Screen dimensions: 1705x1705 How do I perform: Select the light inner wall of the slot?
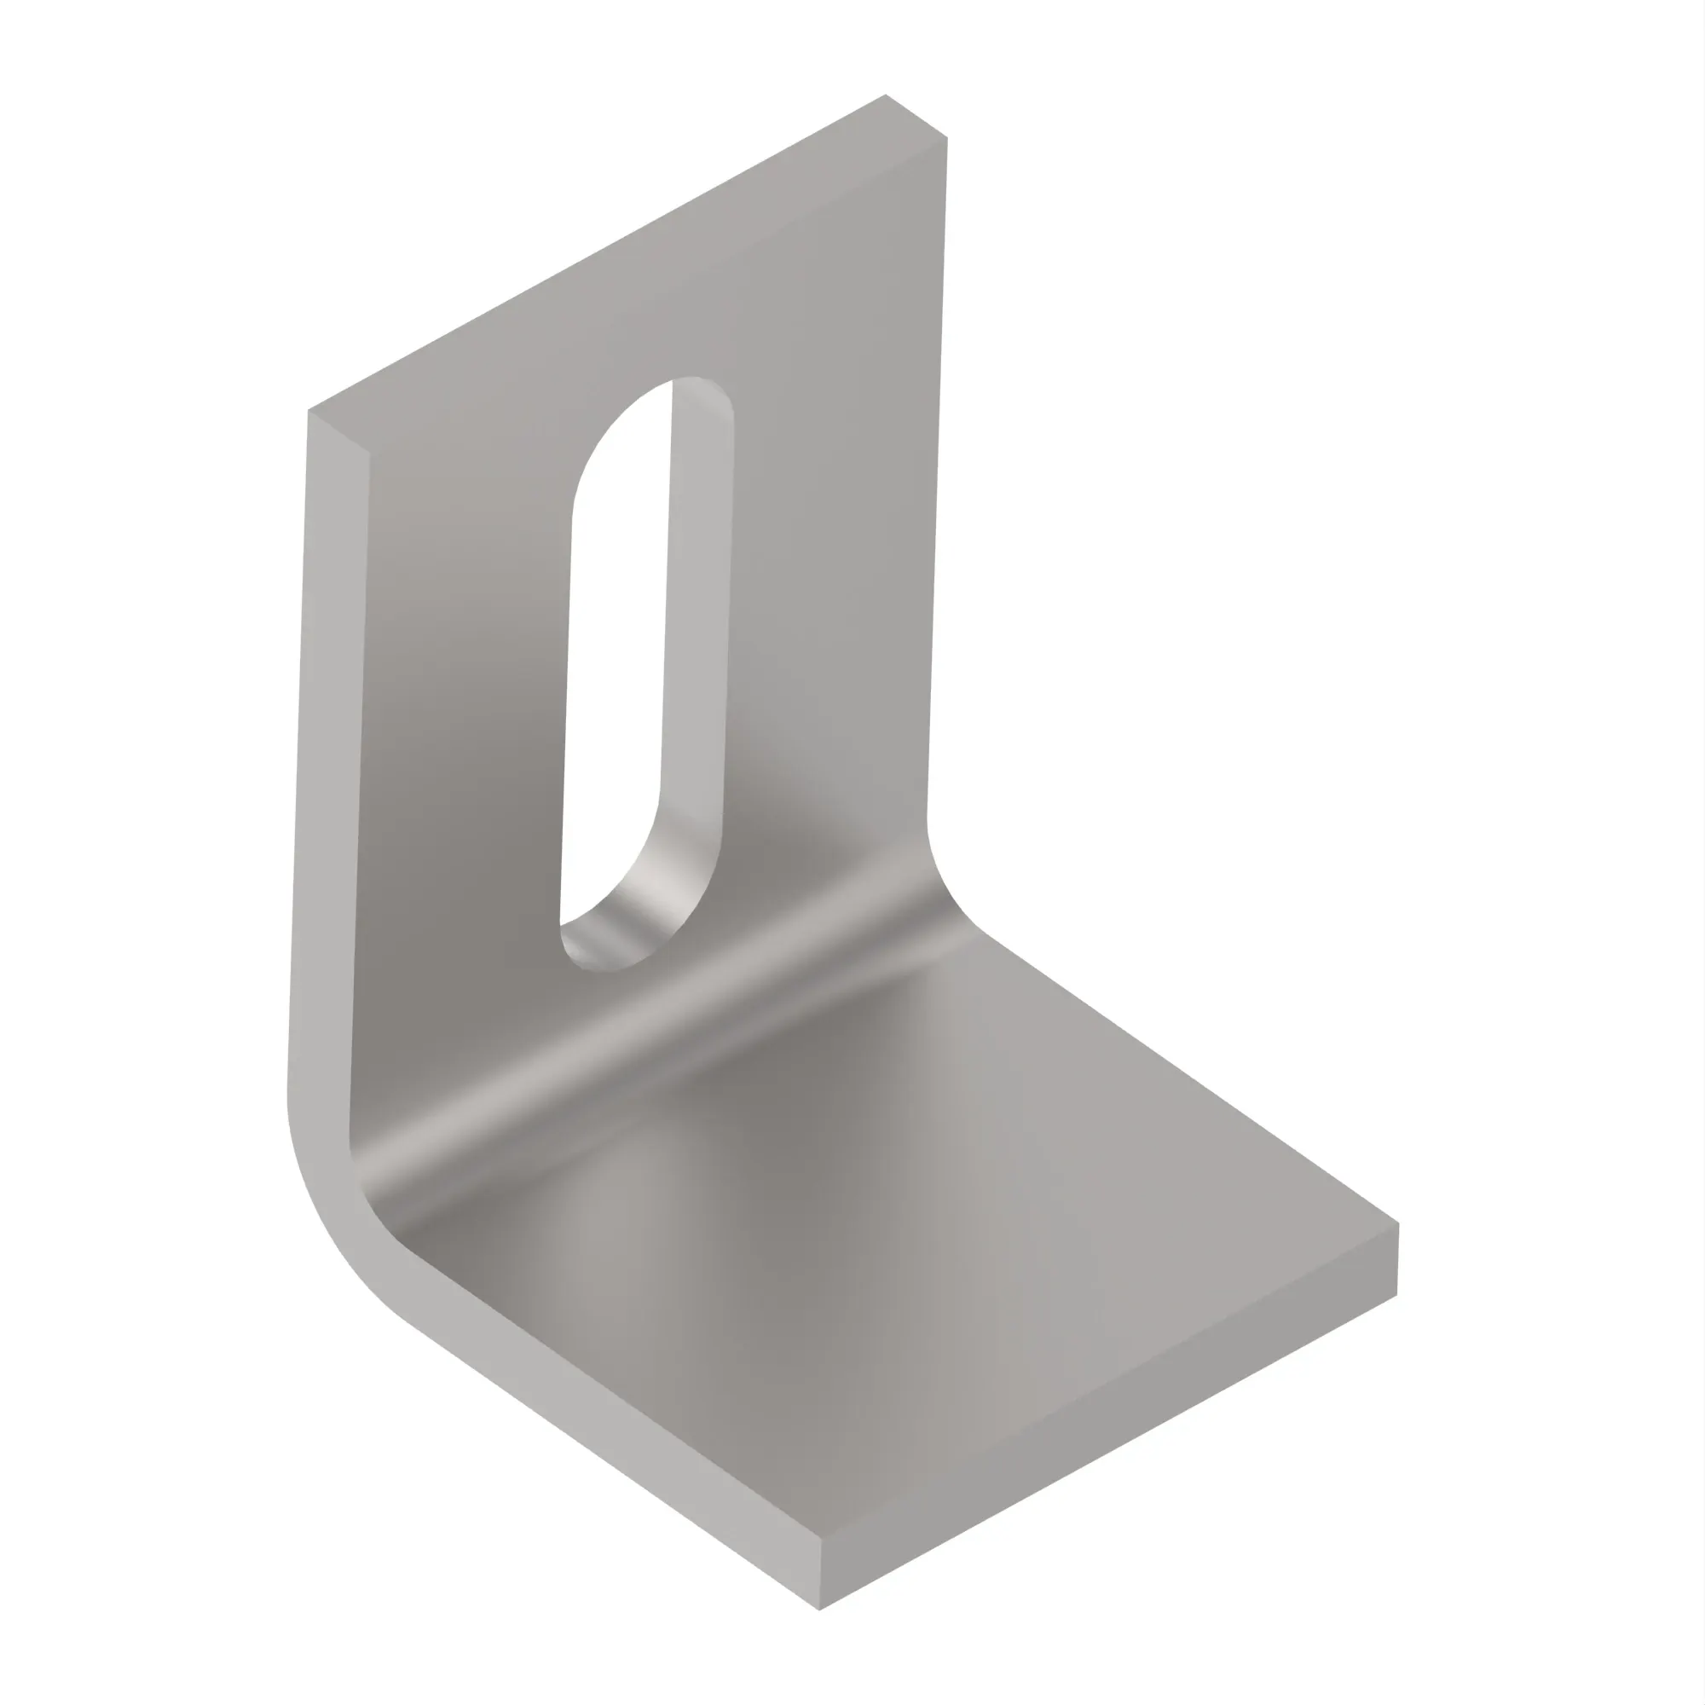697,618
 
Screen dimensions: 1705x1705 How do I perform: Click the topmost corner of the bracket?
885,95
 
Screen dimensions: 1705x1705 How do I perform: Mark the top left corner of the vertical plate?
309,410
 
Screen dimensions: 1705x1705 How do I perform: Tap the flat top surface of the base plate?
927,1235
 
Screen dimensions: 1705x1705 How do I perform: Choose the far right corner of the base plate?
1398,1224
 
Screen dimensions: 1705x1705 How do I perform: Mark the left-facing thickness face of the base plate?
618,1448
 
